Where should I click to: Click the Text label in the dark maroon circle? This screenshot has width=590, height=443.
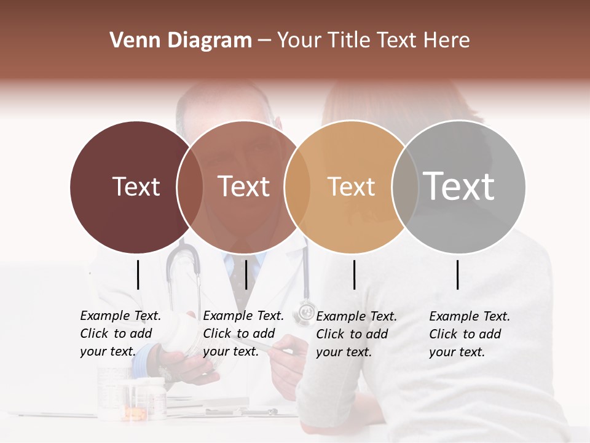click(136, 186)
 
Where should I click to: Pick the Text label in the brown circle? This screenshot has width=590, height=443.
click(244, 186)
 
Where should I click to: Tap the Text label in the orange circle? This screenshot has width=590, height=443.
click(351, 186)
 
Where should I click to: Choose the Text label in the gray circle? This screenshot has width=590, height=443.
click(459, 186)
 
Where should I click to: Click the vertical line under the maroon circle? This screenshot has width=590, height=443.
click(138, 274)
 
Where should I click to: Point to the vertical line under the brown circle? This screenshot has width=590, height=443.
click(246, 274)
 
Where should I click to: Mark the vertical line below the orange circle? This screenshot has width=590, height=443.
click(355, 274)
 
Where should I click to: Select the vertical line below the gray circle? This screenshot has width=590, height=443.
click(458, 274)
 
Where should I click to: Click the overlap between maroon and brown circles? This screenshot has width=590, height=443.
click(190, 186)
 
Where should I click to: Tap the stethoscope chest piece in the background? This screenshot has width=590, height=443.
click(305, 313)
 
